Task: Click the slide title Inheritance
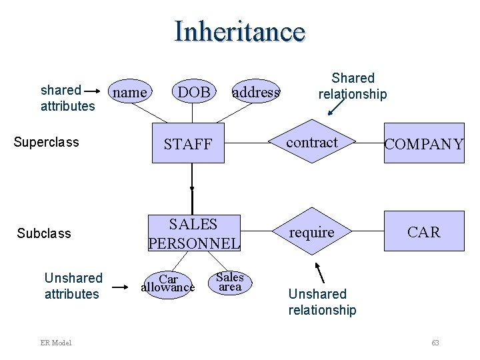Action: pyautogui.click(x=240, y=31)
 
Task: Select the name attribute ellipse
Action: pyautogui.click(x=130, y=93)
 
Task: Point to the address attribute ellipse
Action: pyautogui.click(x=256, y=93)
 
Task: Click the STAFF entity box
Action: pyautogui.click(x=188, y=143)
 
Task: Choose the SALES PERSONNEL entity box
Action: pyautogui.click(x=193, y=233)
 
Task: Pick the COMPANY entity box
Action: pyautogui.click(x=424, y=143)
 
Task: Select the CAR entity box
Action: pyautogui.click(x=424, y=232)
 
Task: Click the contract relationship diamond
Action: pyautogui.click(x=312, y=143)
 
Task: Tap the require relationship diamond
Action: pyautogui.click(x=312, y=232)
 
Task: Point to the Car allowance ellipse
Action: pyautogui.click(x=168, y=283)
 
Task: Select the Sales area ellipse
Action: pyautogui.click(x=230, y=281)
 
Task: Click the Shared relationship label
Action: pyautogui.click(x=353, y=86)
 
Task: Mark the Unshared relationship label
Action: pyautogui.click(x=322, y=301)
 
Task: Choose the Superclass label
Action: pyautogui.click(x=47, y=142)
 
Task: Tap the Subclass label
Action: pyautogui.click(x=44, y=233)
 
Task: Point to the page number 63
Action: pyautogui.click(x=435, y=343)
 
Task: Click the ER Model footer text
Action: pyautogui.click(x=55, y=343)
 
